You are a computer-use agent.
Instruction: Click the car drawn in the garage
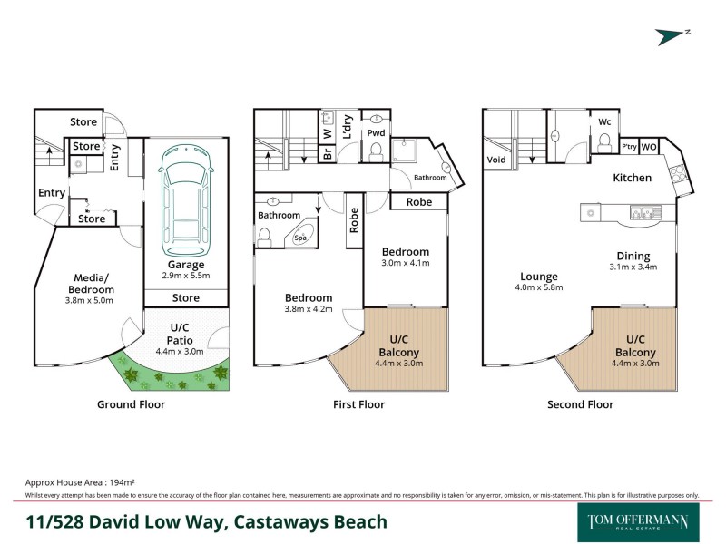[185, 201]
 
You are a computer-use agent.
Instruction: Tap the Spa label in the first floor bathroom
[301, 239]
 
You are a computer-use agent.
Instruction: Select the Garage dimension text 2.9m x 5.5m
[185, 275]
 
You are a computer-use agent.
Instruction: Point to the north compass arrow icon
[673, 35]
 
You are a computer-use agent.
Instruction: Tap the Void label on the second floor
[496, 160]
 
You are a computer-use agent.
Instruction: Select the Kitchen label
[632, 178]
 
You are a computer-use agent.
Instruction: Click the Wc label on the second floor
[604, 122]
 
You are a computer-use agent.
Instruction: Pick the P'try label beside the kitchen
[627, 147]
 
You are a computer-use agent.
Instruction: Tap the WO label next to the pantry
[649, 147]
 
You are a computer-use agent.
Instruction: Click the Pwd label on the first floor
[376, 133]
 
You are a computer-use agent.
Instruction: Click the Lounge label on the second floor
[538, 277]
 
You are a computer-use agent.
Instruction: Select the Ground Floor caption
[131, 404]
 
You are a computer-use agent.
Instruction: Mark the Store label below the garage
[185, 297]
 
